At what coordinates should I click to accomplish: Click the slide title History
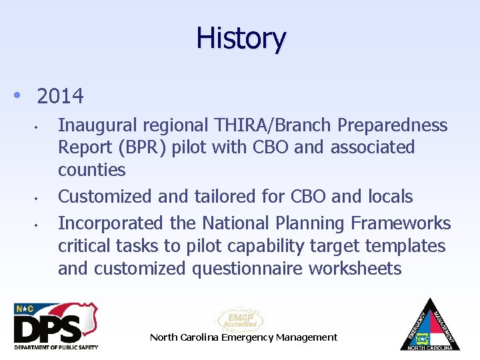[x=241, y=39]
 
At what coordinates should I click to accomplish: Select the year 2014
[x=61, y=97]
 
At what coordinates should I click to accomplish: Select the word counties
[x=91, y=170]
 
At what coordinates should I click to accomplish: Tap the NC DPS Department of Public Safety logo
[x=56, y=326]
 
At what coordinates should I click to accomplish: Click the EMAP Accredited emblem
[x=239, y=319]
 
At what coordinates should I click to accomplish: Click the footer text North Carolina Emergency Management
[x=243, y=337]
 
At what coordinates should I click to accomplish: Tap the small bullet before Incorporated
[x=42, y=224]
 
